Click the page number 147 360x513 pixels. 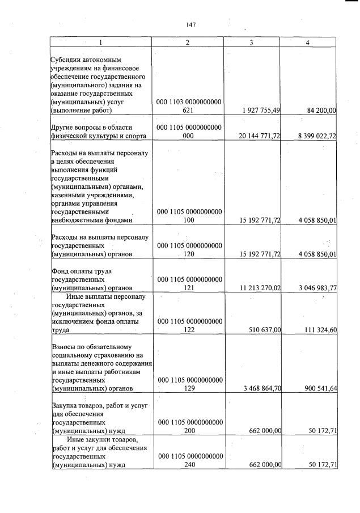[x=190, y=24]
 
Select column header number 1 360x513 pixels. [x=101, y=43]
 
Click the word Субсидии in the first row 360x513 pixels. [x=67, y=60]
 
